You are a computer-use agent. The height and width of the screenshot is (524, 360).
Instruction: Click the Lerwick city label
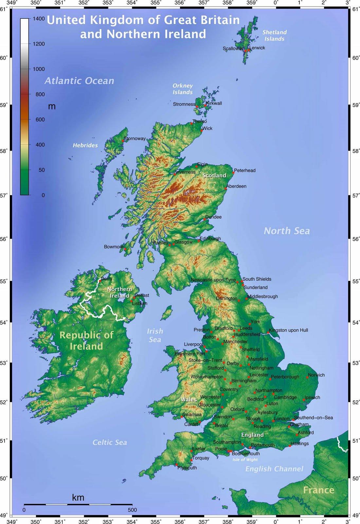coord(257,48)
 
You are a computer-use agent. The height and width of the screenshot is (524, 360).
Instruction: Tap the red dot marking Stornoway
coord(123,141)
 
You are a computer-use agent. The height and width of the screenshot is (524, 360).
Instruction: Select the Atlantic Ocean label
coord(79,81)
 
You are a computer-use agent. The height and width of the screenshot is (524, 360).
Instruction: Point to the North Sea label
coord(287,231)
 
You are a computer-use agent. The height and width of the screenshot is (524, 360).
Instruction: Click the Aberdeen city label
coord(236,186)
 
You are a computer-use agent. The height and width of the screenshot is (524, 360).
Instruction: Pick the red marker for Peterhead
coord(233,173)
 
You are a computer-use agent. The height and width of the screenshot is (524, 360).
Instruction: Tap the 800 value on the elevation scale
coord(40,94)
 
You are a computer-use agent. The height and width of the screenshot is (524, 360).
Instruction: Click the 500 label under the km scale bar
coord(132,510)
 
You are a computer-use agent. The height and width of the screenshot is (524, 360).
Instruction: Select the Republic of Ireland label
coord(86,340)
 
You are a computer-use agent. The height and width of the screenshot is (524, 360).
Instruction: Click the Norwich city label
coord(316,375)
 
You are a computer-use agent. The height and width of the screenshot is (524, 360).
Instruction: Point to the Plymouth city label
coord(187,468)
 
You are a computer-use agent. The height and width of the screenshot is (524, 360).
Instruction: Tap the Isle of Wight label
coord(245,460)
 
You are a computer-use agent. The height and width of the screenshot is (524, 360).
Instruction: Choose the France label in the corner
coord(318,490)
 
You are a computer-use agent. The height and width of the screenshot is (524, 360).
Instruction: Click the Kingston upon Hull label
coord(288,330)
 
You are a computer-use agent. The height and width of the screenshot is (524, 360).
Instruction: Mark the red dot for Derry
coord(100,281)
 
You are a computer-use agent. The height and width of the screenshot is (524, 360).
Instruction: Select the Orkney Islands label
coord(183,89)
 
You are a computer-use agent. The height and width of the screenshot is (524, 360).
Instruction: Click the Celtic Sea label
coord(110,442)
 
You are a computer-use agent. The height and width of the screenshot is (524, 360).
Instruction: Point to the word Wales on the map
coord(189,400)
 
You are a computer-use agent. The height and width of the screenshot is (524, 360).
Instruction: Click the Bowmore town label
coord(114,247)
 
